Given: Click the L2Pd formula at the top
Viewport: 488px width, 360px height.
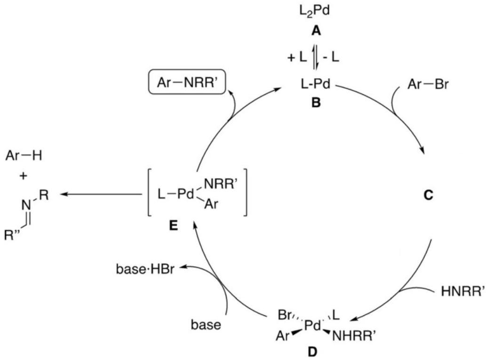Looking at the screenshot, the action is [314, 11].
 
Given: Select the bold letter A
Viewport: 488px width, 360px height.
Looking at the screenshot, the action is [316, 31].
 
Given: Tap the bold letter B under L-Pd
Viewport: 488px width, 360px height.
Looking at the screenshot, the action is [316, 103].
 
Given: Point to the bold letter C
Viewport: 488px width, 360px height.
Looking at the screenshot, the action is [428, 195].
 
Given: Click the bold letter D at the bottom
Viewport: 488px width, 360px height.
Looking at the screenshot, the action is [312, 352].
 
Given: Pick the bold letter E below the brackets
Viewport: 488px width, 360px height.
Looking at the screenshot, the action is [173, 225].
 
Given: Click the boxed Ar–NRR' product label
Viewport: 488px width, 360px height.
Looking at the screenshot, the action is [187, 83].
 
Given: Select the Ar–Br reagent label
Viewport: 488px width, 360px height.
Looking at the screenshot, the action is [428, 84].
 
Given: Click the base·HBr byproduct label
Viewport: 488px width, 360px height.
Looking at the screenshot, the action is [145, 269].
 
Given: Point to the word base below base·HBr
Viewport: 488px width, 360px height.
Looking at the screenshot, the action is [206, 325].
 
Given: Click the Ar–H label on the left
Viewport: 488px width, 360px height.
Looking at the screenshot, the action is [24, 155].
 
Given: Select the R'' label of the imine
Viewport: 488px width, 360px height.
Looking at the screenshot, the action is [14, 235].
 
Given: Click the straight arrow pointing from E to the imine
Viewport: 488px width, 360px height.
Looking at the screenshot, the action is [101, 194].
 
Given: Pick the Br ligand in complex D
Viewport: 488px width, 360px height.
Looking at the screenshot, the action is [284, 315].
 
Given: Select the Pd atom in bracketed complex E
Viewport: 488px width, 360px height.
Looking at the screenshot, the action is [185, 194].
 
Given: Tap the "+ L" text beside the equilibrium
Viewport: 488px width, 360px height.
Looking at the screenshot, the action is [297, 57].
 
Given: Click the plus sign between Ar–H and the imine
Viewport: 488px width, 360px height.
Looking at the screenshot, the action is [23, 176].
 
